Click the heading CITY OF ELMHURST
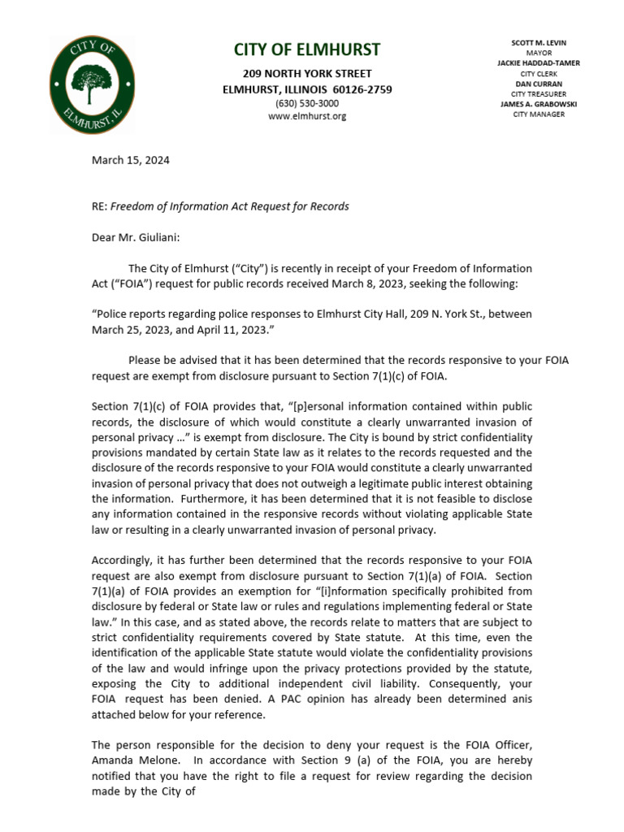307,50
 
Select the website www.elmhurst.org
307,116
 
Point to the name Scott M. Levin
539,42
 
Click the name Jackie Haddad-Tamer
538,63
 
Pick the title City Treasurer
538,93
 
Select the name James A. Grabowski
538,104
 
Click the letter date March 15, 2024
130,160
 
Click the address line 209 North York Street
307,74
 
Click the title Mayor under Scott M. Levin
538,52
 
